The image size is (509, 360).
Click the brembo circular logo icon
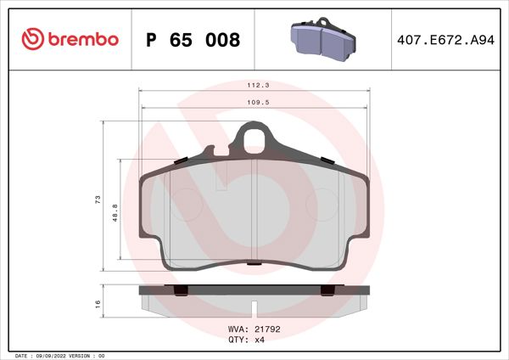[x=31, y=38]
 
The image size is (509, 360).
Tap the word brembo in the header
[x=83, y=39]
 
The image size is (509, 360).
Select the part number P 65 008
[x=193, y=39]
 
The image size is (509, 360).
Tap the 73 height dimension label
[x=98, y=200]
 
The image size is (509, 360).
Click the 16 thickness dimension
[x=98, y=303]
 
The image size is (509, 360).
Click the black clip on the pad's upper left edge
[x=180, y=161]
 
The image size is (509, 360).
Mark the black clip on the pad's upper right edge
[x=326, y=160]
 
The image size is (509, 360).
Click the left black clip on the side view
[x=180, y=291]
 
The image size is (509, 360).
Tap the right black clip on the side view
[x=326, y=291]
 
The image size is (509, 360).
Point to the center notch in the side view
[x=253, y=306]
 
